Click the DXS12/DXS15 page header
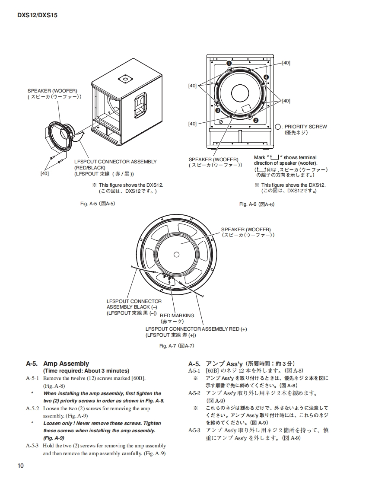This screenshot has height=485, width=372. pyautogui.click(x=37, y=15)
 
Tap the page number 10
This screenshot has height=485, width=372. pyautogui.click(x=21, y=465)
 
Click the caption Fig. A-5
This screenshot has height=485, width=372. pyautogui.click(x=98, y=204)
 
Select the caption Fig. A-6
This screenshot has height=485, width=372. pyautogui.click(x=257, y=204)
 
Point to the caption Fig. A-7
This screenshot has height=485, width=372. pyautogui.click(x=177, y=345)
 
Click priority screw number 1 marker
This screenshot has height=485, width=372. pyautogui.click(x=228, y=63)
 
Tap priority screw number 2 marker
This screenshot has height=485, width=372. pyautogui.click(x=256, y=121)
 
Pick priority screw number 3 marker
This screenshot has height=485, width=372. pyautogui.click(x=218, y=110)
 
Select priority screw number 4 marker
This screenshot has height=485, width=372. pyautogui.click(x=266, y=77)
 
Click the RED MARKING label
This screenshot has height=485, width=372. pyautogui.click(x=177, y=316)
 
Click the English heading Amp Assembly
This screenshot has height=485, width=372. pyautogui.click(x=66, y=364)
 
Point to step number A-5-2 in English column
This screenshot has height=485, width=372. pyautogui.click(x=32, y=408)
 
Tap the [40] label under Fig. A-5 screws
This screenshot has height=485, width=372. pyautogui.click(x=45, y=173)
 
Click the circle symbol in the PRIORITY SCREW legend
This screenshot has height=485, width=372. pyautogui.click(x=278, y=127)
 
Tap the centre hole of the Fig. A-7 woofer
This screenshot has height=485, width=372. pyautogui.click(x=176, y=254)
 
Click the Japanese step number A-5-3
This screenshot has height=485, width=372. pyautogui.click(x=194, y=431)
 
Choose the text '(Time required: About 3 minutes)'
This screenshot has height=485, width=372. pyautogui.click(x=86, y=371)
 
